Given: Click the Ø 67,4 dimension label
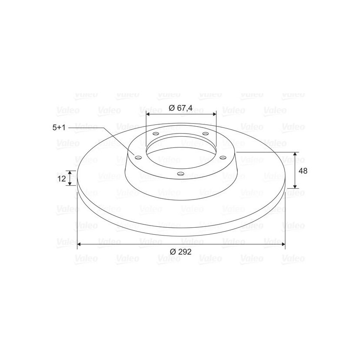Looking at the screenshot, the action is (180, 108).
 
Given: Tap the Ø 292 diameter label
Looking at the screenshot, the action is (180, 252).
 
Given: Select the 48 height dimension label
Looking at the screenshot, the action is (303, 171).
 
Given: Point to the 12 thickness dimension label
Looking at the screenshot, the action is (62, 178).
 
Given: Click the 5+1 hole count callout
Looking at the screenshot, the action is (59, 128).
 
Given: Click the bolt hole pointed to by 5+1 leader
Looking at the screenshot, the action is (138, 158).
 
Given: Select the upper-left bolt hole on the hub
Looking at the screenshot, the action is (156, 134).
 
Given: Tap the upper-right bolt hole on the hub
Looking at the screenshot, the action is (205, 134).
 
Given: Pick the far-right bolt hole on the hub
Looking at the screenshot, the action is (223, 157).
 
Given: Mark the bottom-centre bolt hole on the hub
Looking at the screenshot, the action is (181, 174).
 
